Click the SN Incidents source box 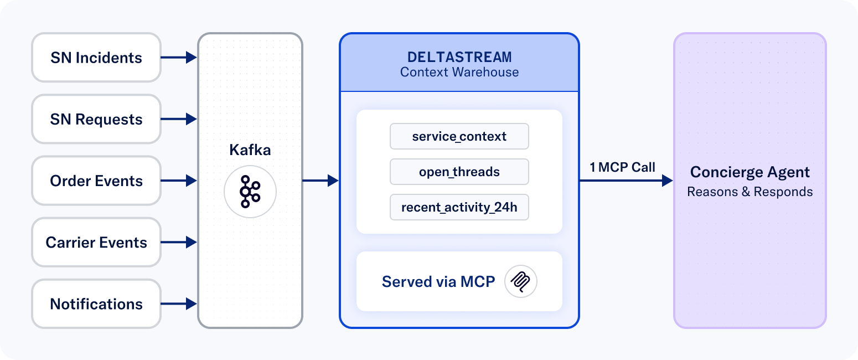(x=96, y=58)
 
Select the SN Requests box (x=96, y=119)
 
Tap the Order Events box (x=96, y=181)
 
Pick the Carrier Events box (x=96, y=242)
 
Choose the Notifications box (x=96, y=304)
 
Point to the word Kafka (x=250, y=150)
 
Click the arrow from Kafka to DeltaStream (x=321, y=181)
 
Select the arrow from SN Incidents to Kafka (x=179, y=58)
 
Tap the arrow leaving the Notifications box (x=179, y=304)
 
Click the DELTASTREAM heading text (x=459, y=57)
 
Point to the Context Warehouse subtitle (x=459, y=72)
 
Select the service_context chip (x=459, y=136)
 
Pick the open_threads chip (x=459, y=172)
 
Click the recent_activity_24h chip (x=459, y=207)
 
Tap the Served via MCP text (x=438, y=281)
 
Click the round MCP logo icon (x=521, y=281)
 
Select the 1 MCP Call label (x=622, y=167)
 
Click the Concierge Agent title (x=750, y=172)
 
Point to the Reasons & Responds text (x=750, y=192)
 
